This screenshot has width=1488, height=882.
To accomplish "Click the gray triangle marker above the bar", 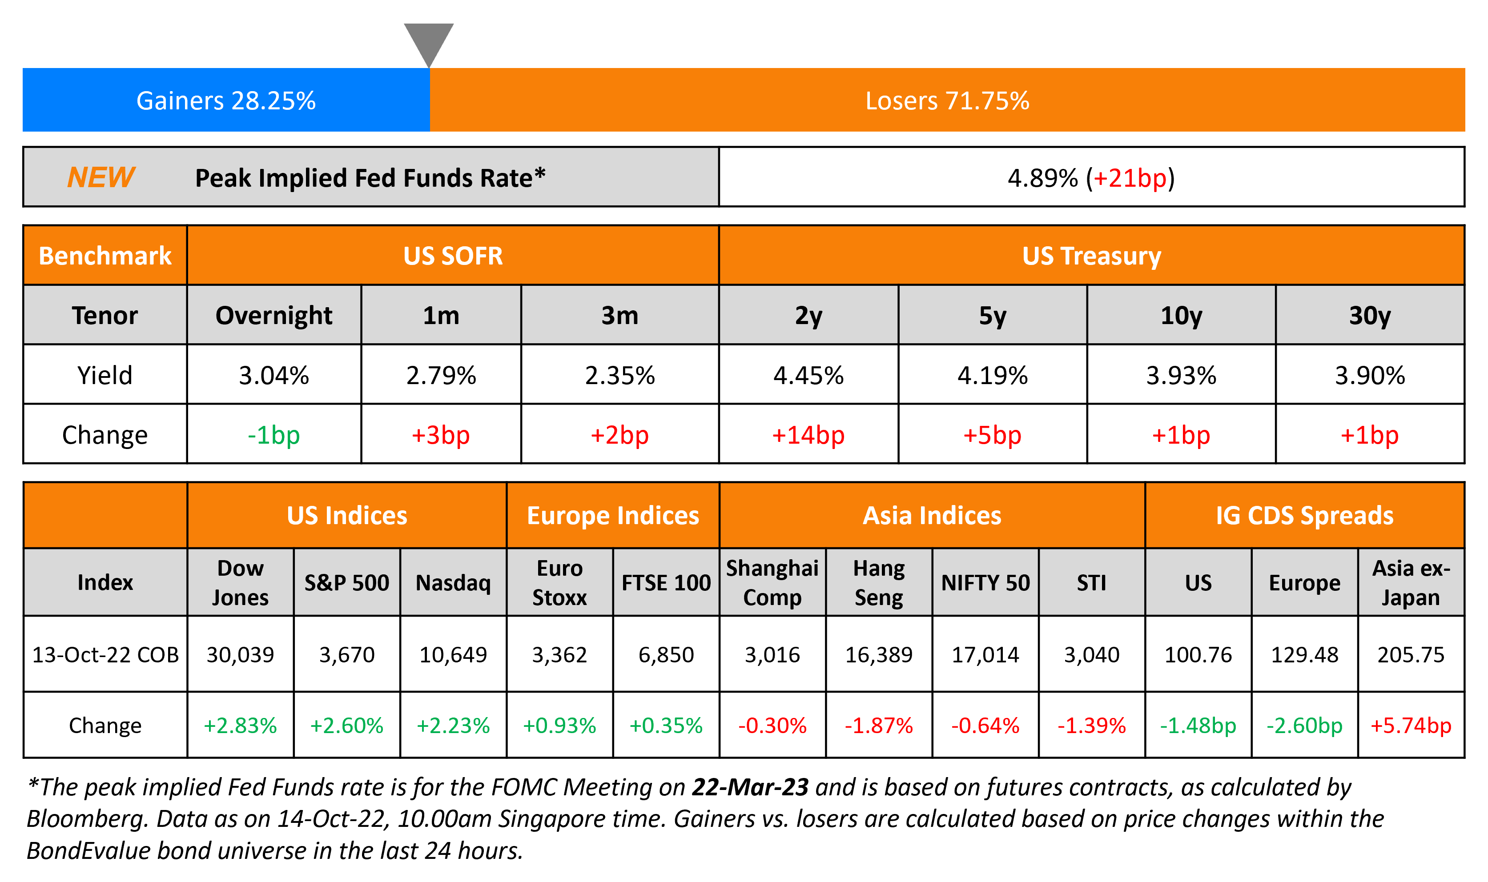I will coord(429,42).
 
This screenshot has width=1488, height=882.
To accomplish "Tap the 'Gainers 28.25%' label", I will coord(226,100).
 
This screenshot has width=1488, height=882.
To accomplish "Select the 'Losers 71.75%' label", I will coord(947,100).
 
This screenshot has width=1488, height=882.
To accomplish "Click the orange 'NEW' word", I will coord(101,177).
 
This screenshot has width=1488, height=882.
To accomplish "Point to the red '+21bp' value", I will coord(1130,178).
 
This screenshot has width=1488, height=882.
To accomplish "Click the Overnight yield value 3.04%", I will coord(273,376).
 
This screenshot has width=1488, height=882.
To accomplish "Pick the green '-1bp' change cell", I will coord(273,435).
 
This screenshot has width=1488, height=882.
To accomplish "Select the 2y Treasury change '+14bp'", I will coord(808,435).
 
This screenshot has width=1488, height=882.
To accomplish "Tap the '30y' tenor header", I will coord(1370,315).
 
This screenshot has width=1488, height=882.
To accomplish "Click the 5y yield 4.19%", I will coord(992,376).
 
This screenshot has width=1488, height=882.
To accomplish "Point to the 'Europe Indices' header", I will coord(613,515).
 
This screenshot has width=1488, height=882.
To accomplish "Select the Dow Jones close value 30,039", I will coord(240,654).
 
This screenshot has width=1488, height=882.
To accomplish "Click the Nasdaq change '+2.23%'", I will coord(453,725).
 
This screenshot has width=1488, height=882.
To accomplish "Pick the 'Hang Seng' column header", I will coord(879,582).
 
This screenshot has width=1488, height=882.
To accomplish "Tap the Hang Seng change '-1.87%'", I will coord(879,725).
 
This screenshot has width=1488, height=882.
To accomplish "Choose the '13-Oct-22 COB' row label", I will coord(105,654).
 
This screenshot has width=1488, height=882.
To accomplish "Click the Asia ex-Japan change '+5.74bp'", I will coord(1411,725).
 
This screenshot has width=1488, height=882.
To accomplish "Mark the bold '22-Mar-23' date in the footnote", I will coord(750,787).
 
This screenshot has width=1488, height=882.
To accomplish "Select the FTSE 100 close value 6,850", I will coord(666,654).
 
